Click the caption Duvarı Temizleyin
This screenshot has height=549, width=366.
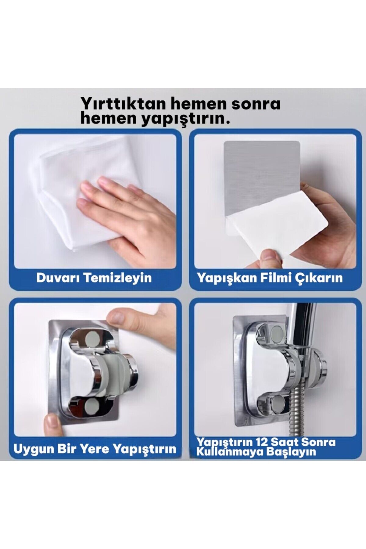94,278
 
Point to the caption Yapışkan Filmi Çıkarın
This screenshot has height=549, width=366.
270,278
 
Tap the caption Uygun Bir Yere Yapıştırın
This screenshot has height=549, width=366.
95,449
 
